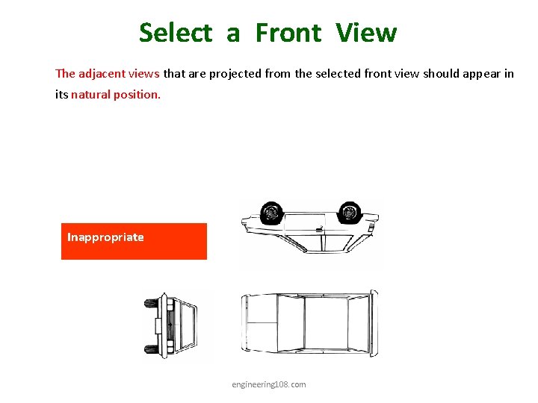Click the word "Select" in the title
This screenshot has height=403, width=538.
click(176, 33)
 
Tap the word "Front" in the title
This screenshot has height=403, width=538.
click(288, 33)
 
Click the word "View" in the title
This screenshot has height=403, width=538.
click(366, 33)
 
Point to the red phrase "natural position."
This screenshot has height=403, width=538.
click(116, 95)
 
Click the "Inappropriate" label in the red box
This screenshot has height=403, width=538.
click(105, 237)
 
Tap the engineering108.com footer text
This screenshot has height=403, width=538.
click(268, 384)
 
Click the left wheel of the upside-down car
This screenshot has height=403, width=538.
click(270, 213)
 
